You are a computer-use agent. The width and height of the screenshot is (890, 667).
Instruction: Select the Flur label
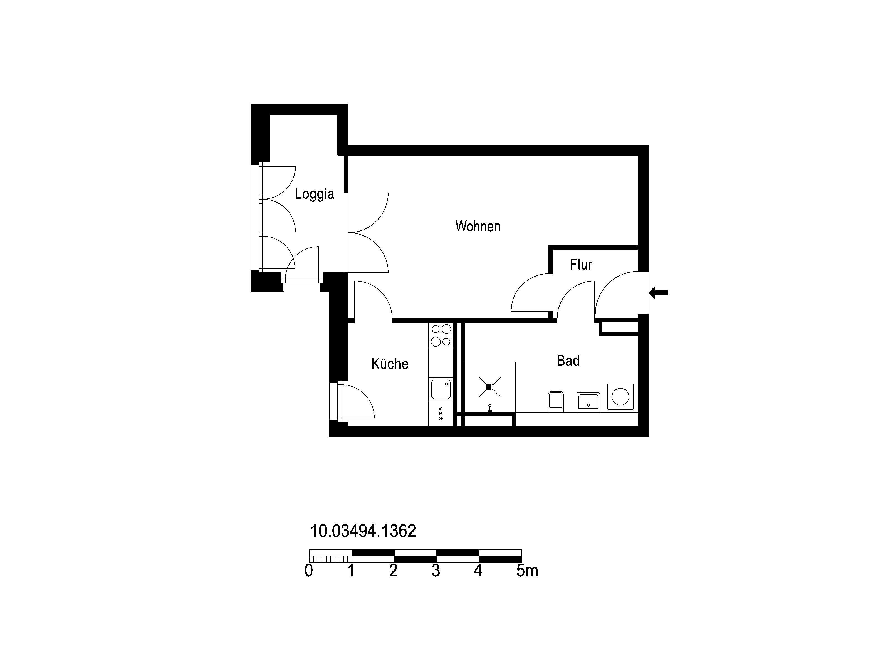[581, 265]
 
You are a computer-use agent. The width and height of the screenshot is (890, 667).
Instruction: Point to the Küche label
[389, 364]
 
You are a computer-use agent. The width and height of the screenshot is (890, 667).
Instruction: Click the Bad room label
[568, 361]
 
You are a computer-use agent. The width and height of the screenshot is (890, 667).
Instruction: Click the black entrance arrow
[659, 293]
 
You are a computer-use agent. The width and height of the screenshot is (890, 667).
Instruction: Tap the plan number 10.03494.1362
[363, 531]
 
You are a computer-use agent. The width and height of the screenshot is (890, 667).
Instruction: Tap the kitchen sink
[441, 389]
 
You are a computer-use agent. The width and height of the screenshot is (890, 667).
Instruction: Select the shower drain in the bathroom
[490, 387]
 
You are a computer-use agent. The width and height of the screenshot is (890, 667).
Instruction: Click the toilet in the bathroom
[556, 402]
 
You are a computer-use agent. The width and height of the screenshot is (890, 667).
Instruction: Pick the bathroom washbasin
[588, 402]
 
